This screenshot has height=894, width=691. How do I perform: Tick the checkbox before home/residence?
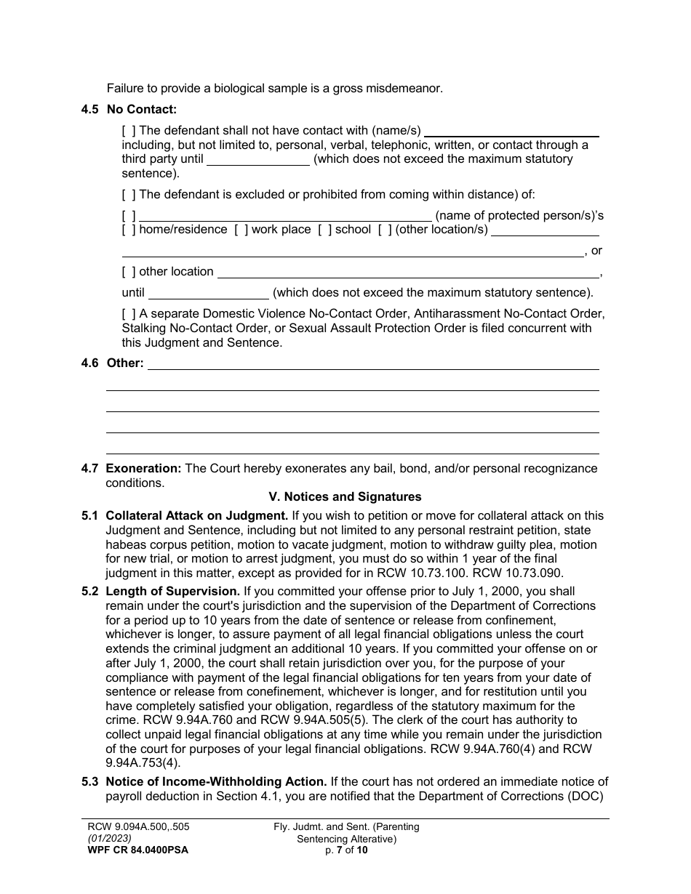coord(129,230)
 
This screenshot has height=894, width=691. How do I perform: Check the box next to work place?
coord(241,230)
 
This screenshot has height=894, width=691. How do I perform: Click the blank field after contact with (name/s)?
coord(511,132)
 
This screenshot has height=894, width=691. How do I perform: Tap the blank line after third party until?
coord(258,160)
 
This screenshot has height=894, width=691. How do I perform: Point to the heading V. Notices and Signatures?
coord(345,497)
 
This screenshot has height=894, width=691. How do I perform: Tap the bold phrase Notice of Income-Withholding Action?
coord(216,782)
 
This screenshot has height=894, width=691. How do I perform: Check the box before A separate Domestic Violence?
coord(129,314)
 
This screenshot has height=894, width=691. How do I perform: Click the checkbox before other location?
coord(129,272)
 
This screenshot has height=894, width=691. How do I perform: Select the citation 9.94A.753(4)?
coord(144,763)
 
